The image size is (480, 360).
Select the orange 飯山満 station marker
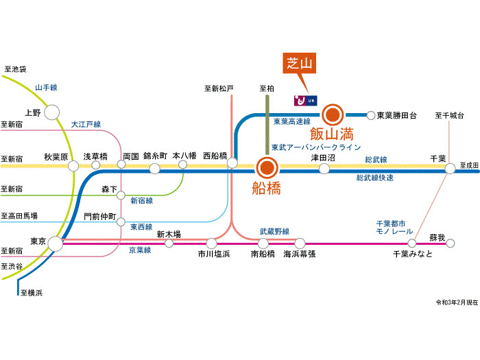tap(333, 115)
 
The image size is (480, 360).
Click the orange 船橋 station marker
tap(266, 167)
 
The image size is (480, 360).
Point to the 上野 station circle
tap(52, 112)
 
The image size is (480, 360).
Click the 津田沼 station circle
tap(324, 167)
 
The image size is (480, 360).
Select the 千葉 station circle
tap(450, 167)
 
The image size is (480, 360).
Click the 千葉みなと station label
tap(413, 254)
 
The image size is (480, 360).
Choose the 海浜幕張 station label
tap(300, 254)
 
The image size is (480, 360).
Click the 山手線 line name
tap(46, 87)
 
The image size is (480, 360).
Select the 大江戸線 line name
tap(86, 124)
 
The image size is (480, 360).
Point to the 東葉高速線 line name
tap(291, 121)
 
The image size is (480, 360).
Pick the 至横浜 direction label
tap(31, 293)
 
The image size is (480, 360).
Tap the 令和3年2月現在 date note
tap(456, 302)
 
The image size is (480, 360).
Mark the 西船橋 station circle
tap(232, 163)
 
